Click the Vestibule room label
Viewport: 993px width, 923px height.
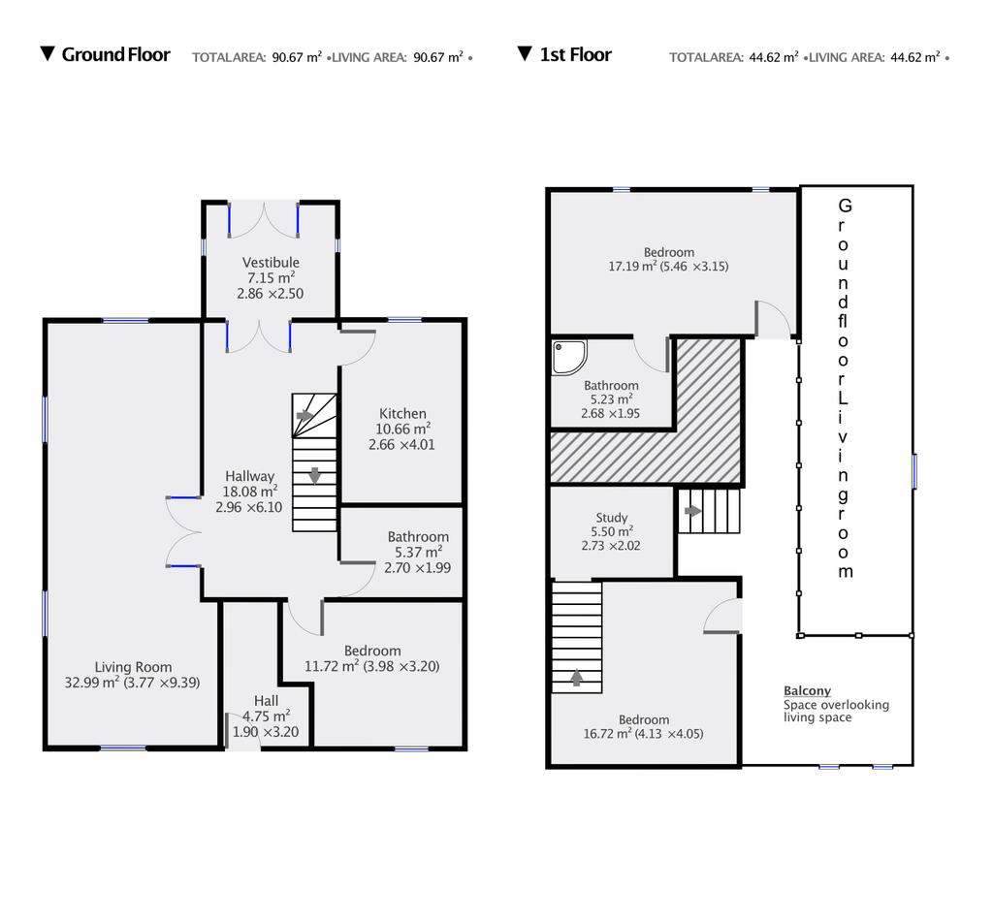271,262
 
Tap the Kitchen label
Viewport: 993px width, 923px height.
402,413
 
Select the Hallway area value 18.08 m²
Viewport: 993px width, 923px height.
249,492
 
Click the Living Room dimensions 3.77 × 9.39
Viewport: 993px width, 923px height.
162,683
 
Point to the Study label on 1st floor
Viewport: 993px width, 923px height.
611,518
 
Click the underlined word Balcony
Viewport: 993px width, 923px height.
807,690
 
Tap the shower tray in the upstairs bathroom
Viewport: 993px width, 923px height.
568,357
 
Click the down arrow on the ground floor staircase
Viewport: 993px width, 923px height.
315,475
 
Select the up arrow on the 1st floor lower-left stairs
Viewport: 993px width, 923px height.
576,678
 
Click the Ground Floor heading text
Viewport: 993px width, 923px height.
116,54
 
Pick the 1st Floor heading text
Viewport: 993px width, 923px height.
576,54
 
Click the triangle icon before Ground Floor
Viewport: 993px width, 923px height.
47,53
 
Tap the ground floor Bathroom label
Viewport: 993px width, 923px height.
418,537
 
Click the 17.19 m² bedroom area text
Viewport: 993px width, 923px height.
632,267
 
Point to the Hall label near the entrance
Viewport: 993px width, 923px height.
266,701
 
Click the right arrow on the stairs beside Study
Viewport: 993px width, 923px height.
692,510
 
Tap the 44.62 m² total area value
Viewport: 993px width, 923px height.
773,57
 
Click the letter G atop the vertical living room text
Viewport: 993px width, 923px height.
845,206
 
